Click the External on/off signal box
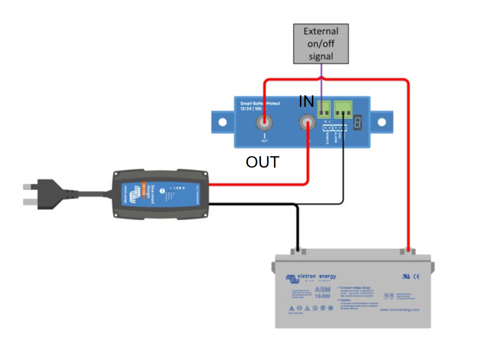tap(321, 44)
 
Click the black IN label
tap(306, 102)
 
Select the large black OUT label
tap(262, 162)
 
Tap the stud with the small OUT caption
tap(265, 123)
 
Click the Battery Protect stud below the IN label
tap(307, 123)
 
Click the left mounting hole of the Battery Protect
tap(222, 123)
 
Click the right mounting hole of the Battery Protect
tap(382, 123)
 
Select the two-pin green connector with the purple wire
tap(325, 109)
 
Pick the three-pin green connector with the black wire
tap(344, 109)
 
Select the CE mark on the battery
tap(416, 277)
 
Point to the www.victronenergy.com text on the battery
tap(400, 310)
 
